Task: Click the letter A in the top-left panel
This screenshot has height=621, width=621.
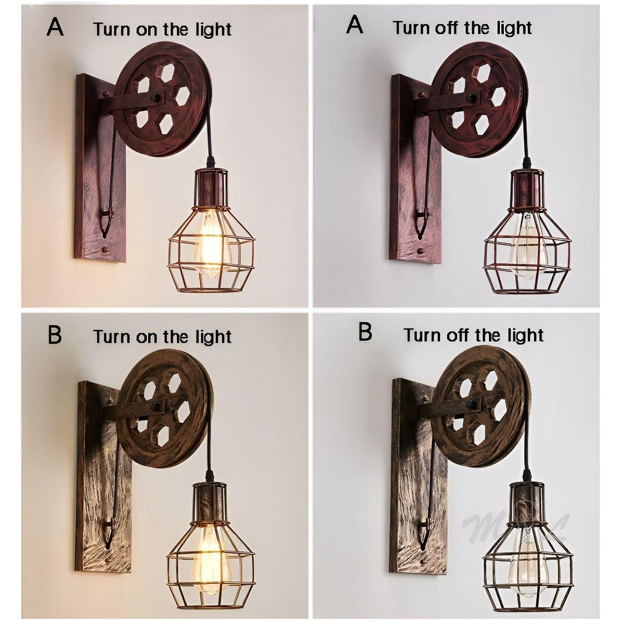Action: tap(55, 27)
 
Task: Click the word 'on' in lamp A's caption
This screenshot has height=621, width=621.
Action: tap(147, 30)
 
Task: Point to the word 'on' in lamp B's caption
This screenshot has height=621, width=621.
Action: tap(147, 337)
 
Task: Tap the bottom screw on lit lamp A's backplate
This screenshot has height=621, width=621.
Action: tap(105, 250)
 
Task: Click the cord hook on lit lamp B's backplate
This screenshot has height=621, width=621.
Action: tap(109, 532)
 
